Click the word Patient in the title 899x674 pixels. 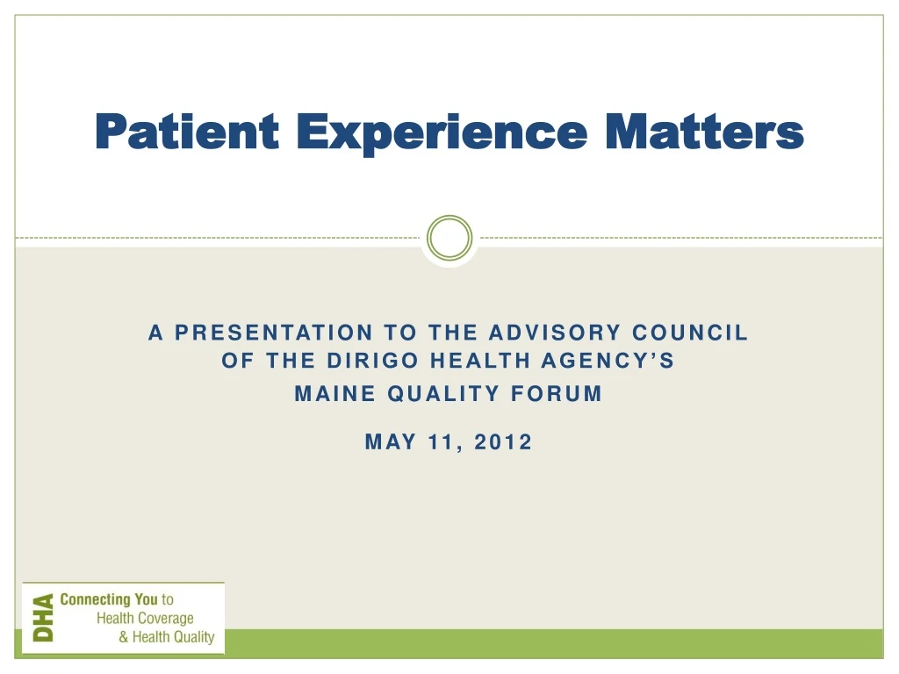tap(186, 133)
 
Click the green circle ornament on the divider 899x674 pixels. tap(449, 238)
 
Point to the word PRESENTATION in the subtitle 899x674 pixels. tap(273, 333)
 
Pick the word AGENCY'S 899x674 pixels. tap(613, 362)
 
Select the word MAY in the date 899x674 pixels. tap(390, 442)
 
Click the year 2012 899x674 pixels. tap(503, 442)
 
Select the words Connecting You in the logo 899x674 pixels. tap(108, 600)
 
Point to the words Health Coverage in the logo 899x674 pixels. tap(145, 619)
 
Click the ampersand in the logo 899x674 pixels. tap(124, 638)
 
